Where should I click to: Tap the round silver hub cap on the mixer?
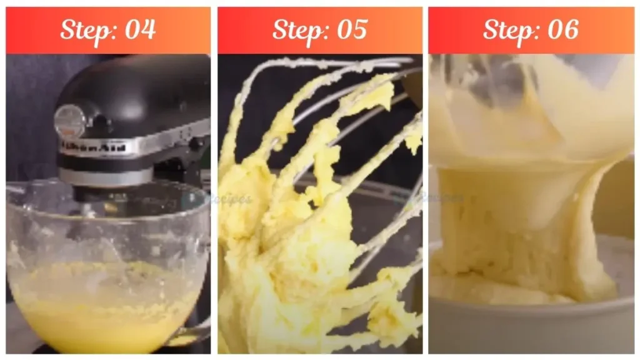click(x=69, y=119)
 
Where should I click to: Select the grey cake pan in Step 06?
click(x=531, y=325)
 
